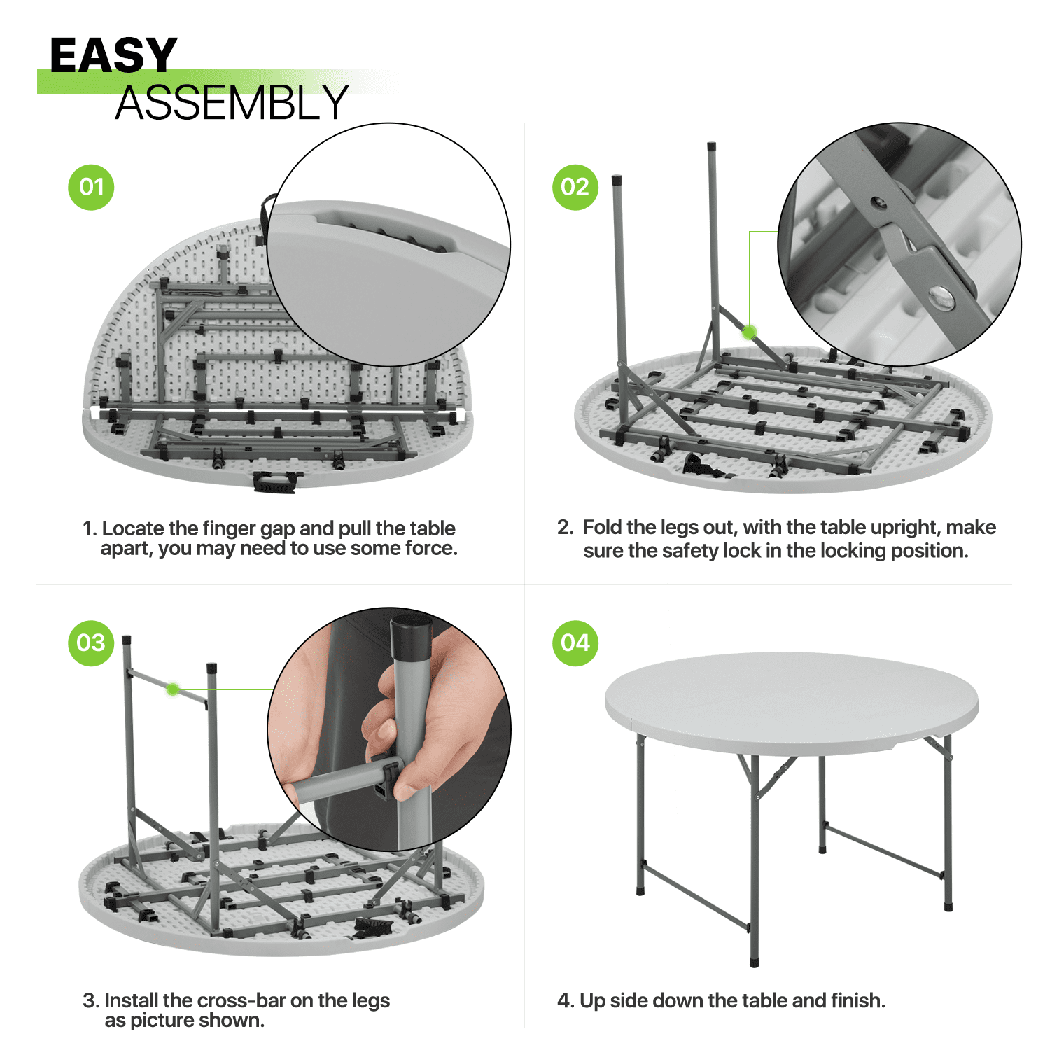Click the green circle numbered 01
(x=91, y=187)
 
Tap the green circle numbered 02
(x=575, y=187)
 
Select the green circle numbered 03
(x=91, y=643)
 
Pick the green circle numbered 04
(x=575, y=643)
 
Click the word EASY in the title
(x=113, y=55)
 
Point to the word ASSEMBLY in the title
(x=232, y=103)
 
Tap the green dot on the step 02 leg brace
(x=750, y=332)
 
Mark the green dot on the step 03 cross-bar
(x=172, y=689)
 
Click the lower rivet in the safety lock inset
(x=941, y=297)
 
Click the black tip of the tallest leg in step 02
(x=712, y=148)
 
